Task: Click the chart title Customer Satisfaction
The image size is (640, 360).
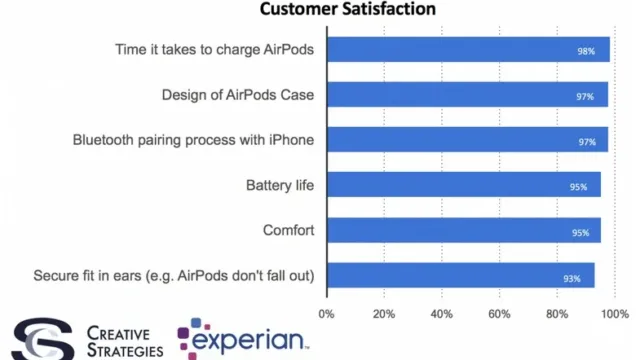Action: point(348,9)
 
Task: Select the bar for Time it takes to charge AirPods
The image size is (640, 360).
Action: point(469,49)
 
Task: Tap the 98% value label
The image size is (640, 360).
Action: point(586,51)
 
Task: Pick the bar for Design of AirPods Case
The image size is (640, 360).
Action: point(468,95)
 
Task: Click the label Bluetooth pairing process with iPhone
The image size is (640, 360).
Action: point(193,140)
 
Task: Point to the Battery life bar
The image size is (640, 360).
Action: point(464,184)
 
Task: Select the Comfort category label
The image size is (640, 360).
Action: point(289,230)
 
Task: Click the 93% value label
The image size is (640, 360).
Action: point(572,279)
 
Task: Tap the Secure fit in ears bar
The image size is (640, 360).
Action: point(461,276)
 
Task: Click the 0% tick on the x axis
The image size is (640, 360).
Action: point(326,314)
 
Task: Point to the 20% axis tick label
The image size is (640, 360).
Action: point(384,314)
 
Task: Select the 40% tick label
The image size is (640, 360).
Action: point(442,314)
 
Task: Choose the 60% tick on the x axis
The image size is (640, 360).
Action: point(499,314)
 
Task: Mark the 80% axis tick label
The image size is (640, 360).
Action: point(557,314)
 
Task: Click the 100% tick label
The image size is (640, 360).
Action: point(615,314)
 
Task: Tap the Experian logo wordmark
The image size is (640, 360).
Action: point(248,340)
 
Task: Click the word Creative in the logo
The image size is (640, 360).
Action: point(118,333)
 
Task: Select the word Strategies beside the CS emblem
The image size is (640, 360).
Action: point(125,350)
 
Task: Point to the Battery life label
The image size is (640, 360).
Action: point(280,185)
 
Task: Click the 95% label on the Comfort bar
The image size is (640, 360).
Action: point(580,233)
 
